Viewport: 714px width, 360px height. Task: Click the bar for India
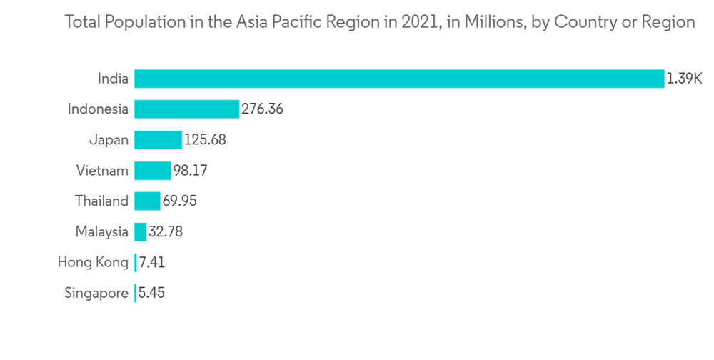(x=399, y=79)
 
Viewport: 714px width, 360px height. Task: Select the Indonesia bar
(x=186, y=109)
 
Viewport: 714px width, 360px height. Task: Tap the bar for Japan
(x=158, y=140)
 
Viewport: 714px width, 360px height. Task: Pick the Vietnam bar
(x=152, y=171)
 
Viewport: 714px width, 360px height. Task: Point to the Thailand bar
(x=147, y=201)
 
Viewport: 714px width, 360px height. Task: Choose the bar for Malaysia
(x=140, y=232)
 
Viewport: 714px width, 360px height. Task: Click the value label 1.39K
(x=685, y=79)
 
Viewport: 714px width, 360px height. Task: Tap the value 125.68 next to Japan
(x=205, y=140)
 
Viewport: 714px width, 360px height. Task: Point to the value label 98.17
(x=190, y=171)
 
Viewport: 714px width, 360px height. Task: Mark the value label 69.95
(x=179, y=201)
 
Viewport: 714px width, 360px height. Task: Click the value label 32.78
(x=166, y=232)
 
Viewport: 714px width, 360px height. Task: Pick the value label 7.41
(x=152, y=263)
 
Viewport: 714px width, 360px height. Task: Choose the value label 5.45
(x=152, y=294)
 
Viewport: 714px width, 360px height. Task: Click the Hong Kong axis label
(x=93, y=263)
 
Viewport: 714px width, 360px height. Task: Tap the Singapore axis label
(x=96, y=294)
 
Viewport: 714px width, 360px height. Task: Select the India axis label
(x=113, y=79)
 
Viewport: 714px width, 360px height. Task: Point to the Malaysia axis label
(x=101, y=232)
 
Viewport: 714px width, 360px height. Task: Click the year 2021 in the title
(x=416, y=22)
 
